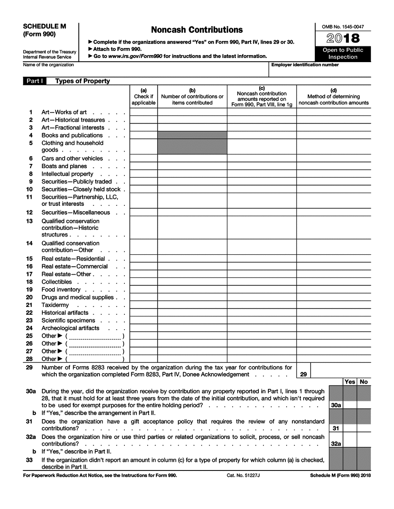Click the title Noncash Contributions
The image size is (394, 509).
point(197,30)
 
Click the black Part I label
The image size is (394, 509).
point(35,81)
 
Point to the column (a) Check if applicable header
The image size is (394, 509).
point(143,96)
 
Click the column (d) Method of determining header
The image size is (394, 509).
point(333,96)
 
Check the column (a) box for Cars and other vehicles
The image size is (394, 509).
point(143,159)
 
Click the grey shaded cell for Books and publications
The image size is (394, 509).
point(192,135)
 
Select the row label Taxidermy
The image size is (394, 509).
point(55,305)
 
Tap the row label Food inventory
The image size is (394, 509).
point(61,290)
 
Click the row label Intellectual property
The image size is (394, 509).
point(67,174)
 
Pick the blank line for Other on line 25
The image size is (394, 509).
point(95,336)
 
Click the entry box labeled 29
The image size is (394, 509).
point(340,371)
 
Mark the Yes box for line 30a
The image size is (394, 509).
point(350,405)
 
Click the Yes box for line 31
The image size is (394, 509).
point(350,428)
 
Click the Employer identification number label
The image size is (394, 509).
point(305,65)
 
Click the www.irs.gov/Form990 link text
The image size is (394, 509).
point(135,56)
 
